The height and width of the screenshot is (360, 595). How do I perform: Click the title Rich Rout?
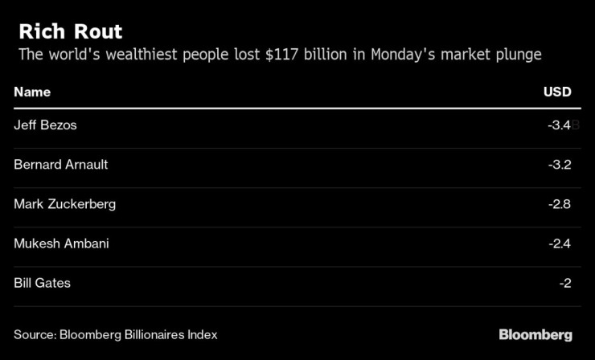coord(71,32)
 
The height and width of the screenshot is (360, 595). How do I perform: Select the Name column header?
coord(32,92)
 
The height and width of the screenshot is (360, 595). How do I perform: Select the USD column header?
coord(557,92)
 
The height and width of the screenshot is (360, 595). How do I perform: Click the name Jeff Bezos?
coord(45,125)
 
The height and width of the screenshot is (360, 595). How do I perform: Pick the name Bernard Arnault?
coord(61,164)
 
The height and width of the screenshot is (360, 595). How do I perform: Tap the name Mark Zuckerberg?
coord(65,203)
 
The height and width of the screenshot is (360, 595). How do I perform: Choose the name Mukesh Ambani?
coord(60,243)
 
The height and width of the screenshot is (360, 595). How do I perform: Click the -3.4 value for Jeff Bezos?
coord(558,125)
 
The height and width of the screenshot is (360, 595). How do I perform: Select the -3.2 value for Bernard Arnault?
coord(558,164)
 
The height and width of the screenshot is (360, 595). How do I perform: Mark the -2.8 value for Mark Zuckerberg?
coord(558,203)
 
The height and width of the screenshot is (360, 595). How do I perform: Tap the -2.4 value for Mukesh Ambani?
coord(558,243)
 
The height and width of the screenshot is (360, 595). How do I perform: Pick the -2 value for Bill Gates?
coord(564,282)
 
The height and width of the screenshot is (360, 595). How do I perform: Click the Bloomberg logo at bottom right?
coord(535,334)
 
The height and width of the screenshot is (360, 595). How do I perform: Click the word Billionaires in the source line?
coord(154,334)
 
